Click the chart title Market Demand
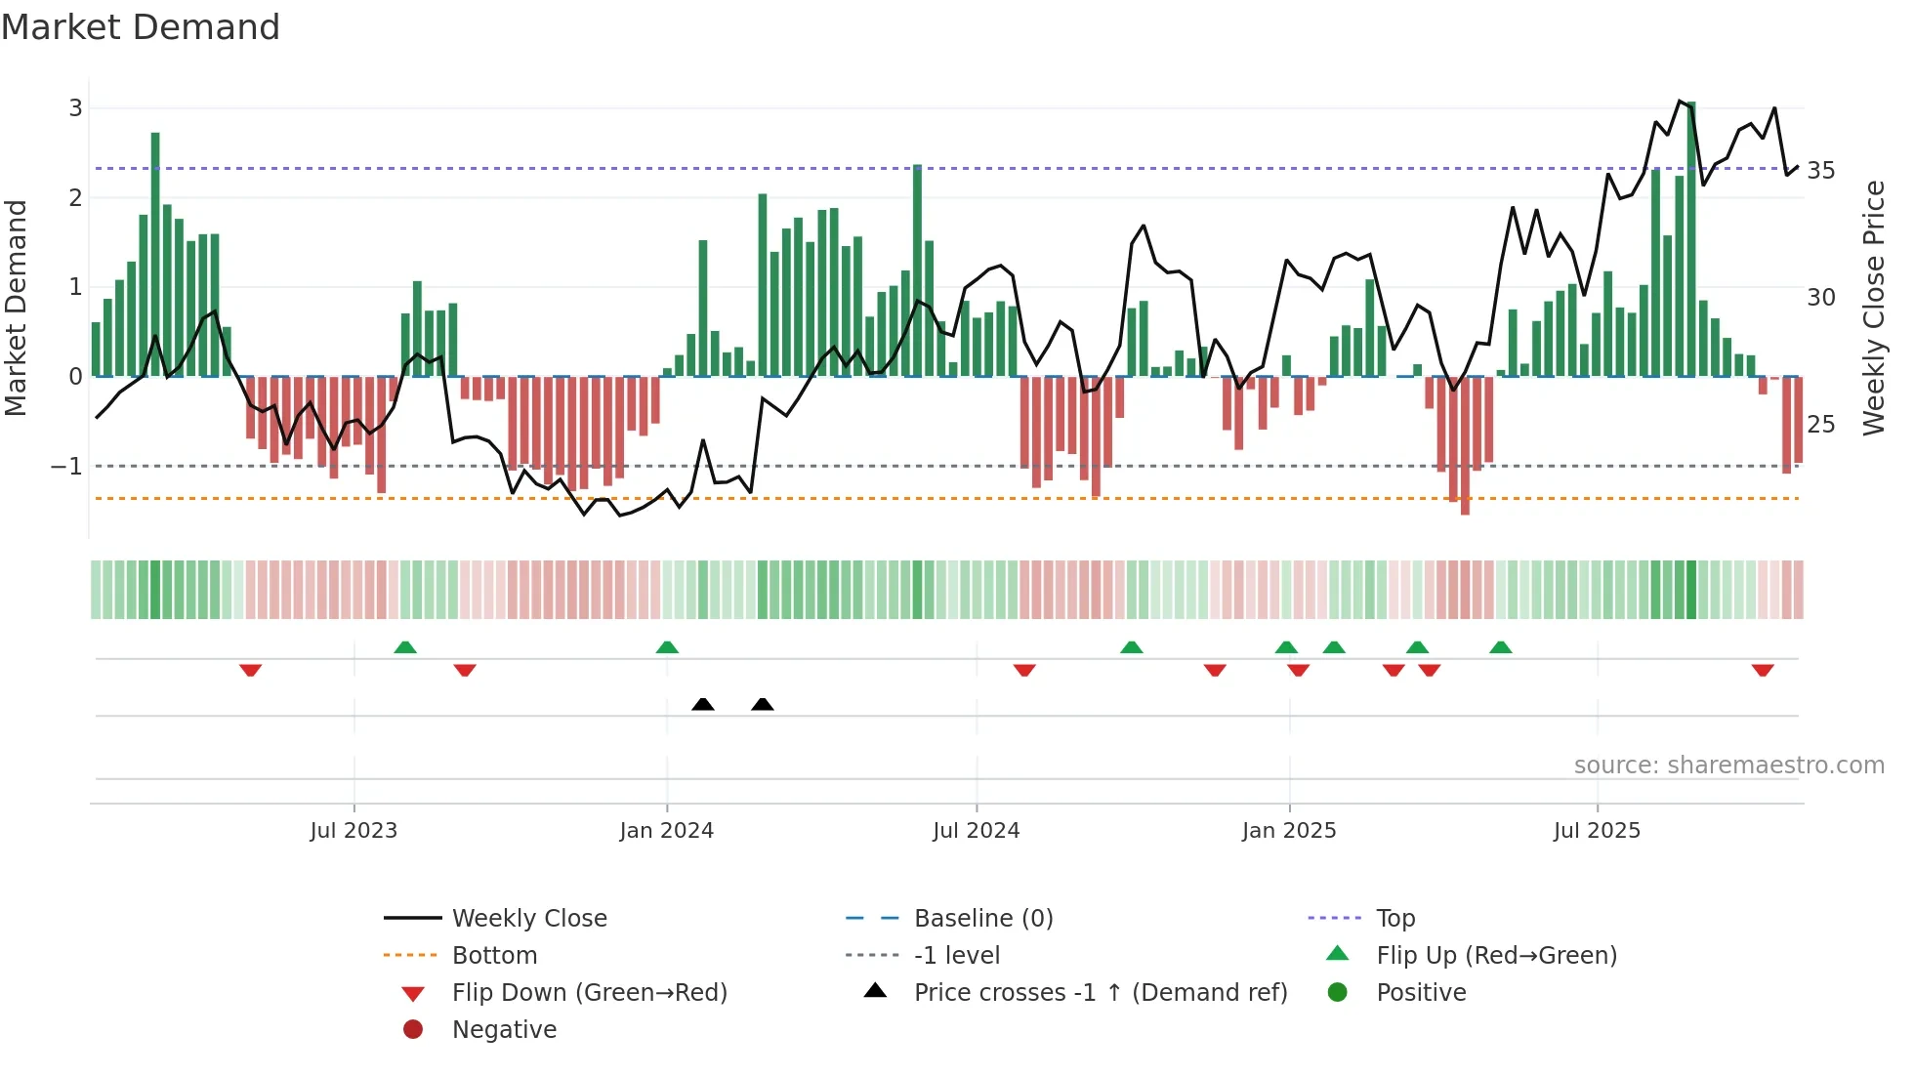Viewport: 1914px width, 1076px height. coord(141,27)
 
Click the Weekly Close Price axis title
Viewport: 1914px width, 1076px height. coord(1873,308)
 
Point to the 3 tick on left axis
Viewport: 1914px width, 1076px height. coord(75,108)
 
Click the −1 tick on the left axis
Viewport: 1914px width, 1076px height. coord(66,467)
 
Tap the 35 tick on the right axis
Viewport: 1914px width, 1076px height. coord(1820,171)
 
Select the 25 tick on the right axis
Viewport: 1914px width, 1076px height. coord(1820,425)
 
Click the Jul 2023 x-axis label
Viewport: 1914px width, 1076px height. coord(354,831)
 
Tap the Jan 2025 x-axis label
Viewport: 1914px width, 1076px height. coord(1288,831)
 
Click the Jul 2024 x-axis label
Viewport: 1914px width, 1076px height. coord(976,831)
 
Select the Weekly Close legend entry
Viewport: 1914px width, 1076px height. coord(528,919)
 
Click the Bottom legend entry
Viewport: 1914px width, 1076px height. coord(494,956)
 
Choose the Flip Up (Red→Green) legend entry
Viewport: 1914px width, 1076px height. coord(1496,956)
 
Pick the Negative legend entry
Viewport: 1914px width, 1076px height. coord(504,1030)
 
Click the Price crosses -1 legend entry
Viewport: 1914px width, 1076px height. coord(1100,993)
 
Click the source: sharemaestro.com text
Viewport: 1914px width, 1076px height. coord(1728,766)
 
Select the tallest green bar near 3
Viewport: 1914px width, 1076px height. coord(1691,234)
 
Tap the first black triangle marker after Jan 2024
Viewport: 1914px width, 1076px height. coord(703,704)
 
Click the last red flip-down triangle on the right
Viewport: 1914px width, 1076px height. coord(1763,671)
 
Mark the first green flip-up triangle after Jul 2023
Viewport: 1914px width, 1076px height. coord(405,647)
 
